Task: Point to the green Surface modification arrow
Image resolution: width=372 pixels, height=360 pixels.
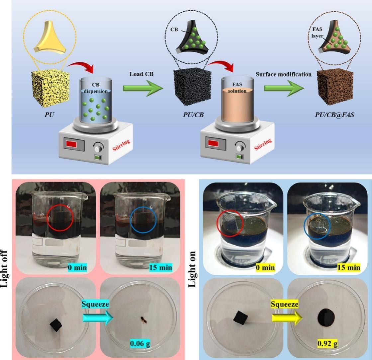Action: (284, 88)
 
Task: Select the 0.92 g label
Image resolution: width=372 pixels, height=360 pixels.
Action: (327, 343)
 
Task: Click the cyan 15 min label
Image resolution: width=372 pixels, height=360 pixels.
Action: (161, 267)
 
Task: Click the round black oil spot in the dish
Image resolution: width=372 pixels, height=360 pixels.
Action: (327, 318)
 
